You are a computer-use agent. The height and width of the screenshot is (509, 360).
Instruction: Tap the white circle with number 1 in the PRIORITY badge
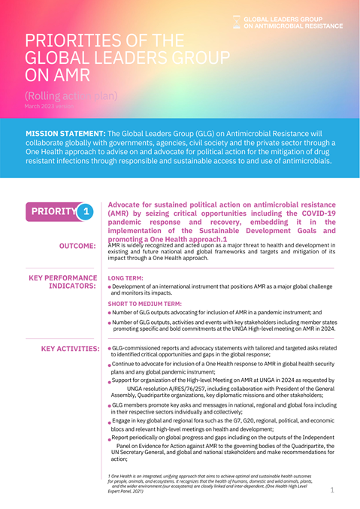tap(86, 212)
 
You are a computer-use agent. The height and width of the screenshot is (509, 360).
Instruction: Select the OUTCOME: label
tap(78, 246)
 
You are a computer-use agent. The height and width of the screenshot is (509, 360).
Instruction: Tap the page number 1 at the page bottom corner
tap(332, 490)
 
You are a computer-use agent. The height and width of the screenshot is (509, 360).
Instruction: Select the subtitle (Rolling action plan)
tap(65, 95)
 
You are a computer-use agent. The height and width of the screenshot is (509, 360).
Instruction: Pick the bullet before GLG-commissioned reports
tap(111, 349)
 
